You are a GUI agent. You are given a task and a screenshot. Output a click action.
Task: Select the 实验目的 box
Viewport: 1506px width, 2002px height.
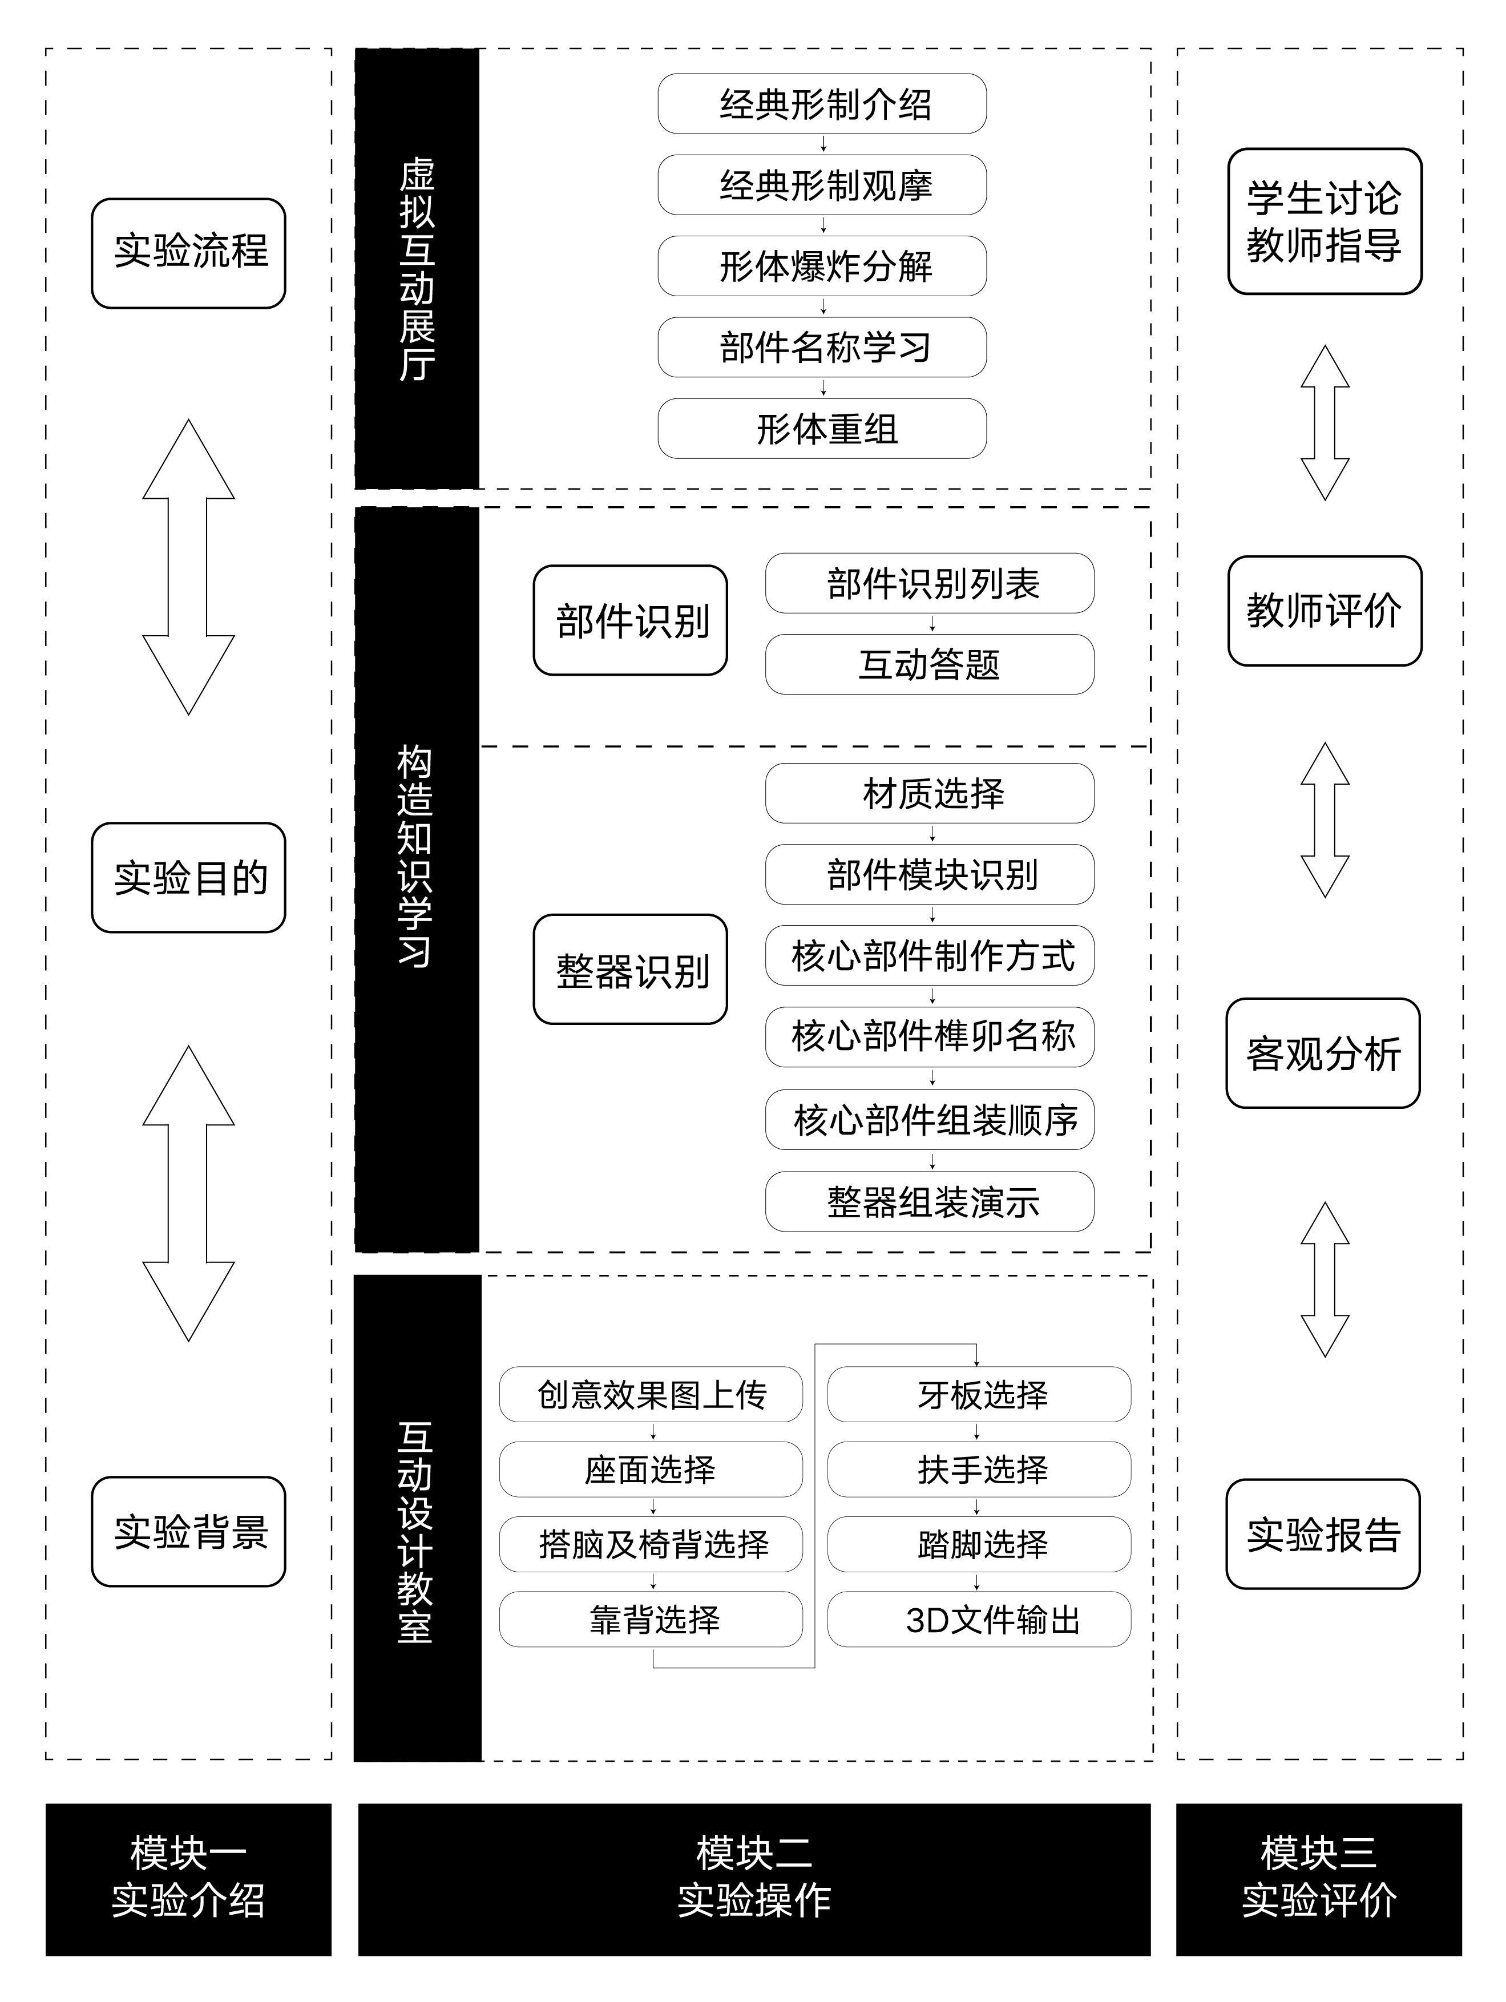[x=188, y=877]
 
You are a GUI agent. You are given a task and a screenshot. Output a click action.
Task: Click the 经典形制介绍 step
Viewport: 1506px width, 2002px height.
[x=822, y=104]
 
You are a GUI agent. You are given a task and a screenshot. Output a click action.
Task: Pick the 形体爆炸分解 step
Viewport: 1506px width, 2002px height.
[x=822, y=266]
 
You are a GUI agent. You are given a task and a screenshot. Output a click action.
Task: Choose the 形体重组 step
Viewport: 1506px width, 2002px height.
[x=822, y=428]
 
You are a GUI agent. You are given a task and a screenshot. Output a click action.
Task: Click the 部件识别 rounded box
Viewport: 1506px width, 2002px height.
[x=630, y=621]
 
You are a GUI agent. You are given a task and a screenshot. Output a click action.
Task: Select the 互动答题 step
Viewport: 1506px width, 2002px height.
[x=930, y=664]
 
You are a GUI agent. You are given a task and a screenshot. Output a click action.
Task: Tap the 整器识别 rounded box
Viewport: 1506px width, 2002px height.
[x=630, y=969]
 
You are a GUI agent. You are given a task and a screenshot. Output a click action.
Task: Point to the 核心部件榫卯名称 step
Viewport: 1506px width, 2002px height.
[x=930, y=1036]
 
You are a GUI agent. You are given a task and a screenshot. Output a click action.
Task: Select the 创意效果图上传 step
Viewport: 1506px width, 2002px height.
[x=651, y=1395]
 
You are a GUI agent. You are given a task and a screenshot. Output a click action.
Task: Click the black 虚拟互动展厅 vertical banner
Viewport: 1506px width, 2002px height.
[x=417, y=269]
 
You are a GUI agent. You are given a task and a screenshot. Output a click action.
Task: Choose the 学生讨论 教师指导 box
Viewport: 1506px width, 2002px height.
[x=1324, y=221]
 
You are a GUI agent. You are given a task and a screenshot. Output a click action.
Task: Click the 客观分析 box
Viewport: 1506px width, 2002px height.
[x=1322, y=1052]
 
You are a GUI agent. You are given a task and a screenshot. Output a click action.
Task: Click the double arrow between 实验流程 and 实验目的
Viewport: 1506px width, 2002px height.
[x=188, y=567]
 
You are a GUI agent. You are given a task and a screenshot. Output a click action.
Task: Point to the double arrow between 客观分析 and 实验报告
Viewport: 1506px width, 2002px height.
[x=1324, y=1279]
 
